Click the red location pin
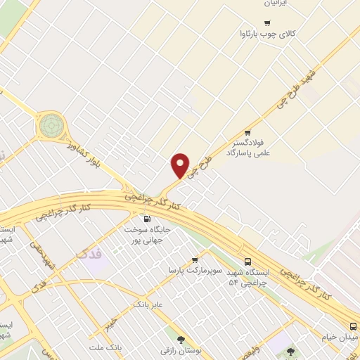pos(181,165)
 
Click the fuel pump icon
pos(146,219)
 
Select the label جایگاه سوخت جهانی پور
pos(146,235)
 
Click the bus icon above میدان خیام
pos(353,325)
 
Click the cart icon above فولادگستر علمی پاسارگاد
pos(247,133)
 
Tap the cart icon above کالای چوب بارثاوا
pos(266,23)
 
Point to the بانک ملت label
pos(105,347)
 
